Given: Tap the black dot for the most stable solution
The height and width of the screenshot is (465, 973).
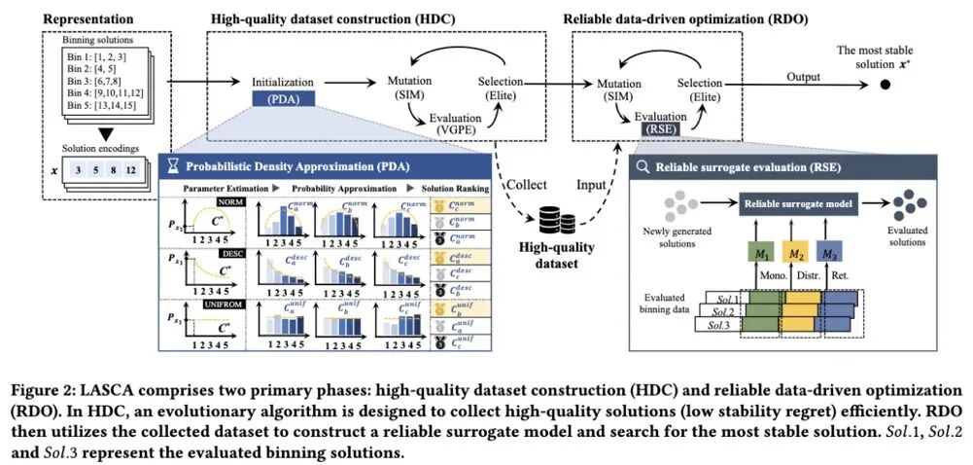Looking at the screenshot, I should click(x=885, y=85).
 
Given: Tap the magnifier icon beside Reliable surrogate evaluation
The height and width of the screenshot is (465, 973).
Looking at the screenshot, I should click(x=643, y=166).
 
